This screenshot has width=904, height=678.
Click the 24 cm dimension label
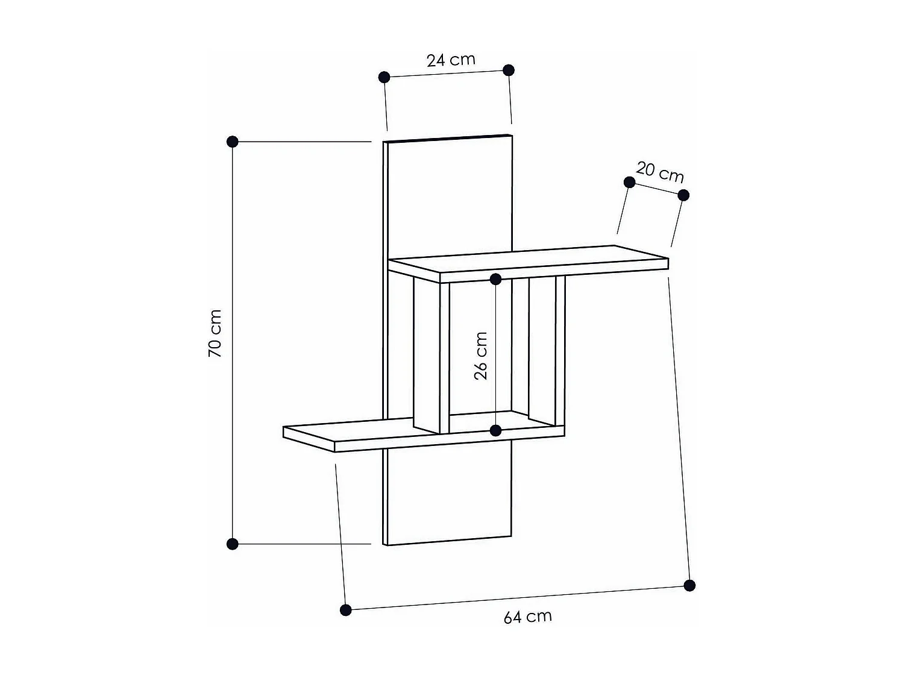click(x=451, y=60)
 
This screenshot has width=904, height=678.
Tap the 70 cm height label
click(x=215, y=333)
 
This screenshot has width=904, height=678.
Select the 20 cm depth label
click(x=660, y=172)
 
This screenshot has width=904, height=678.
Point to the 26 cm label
click(x=480, y=356)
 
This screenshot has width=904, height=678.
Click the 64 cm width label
click(x=527, y=617)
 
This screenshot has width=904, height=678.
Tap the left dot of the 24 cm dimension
click(x=384, y=77)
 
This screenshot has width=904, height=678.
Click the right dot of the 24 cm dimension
click(x=509, y=70)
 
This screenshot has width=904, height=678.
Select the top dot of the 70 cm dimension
click(x=233, y=142)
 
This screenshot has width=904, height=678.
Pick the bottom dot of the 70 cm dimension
click(x=233, y=544)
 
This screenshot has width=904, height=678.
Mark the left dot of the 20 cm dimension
click(x=629, y=182)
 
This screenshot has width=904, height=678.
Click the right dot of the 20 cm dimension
click(x=683, y=195)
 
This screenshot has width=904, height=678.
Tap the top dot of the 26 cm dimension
click(x=495, y=279)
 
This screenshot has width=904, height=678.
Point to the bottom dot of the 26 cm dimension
click(x=495, y=430)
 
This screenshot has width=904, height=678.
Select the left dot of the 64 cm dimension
click(x=345, y=610)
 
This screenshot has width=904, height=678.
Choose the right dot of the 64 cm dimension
click(x=690, y=585)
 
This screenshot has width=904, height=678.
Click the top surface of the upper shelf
click(x=530, y=259)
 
